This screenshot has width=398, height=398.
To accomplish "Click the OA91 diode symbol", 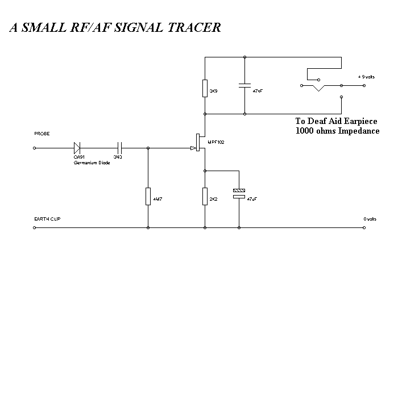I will [77, 148].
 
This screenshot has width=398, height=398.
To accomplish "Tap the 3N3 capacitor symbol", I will [119, 148].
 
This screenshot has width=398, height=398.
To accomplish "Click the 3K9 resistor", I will [205, 89].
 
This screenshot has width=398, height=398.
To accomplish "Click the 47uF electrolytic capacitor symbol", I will [239, 193].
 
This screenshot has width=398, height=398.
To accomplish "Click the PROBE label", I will [42, 134].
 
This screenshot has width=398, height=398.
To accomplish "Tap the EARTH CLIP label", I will [47, 219].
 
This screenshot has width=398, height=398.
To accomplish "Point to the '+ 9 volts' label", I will [366, 77].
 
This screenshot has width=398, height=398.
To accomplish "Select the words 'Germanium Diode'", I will [91, 163].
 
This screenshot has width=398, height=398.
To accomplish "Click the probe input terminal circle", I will [35, 148].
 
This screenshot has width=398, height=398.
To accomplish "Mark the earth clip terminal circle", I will [35, 228].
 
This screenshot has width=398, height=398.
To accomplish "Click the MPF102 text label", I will [216, 142].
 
